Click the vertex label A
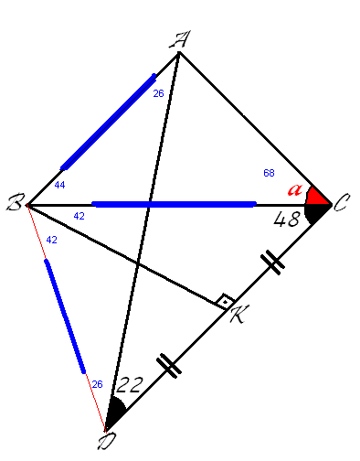pyautogui.click(x=180, y=39)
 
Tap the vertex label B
pyautogui.click(x=16, y=202)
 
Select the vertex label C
pyautogui.click(x=342, y=202)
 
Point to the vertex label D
pyautogui.click(x=107, y=442)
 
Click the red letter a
pyautogui.click(x=295, y=189)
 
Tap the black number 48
pyautogui.click(x=286, y=220)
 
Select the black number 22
pyautogui.click(x=130, y=385)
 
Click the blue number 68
pyautogui.click(x=269, y=173)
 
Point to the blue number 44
pyautogui.click(x=59, y=185)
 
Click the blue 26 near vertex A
pyautogui.click(x=158, y=93)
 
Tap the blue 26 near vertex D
pyautogui.click(x=97, y=384)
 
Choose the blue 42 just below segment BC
pyautogui.click(x=79, y=216)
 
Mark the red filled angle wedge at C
pyautogui.click(x=318, y=198)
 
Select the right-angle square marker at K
pyautogui.click(x=225, y=302)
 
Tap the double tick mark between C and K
pyautogui.click(x=272, y=263)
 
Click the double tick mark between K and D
pyautogui.click(x=169, y=366)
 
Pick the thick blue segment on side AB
pyautogui.click(x=108, y=122)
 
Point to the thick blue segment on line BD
pyautogui.click(x=65, y=316)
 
